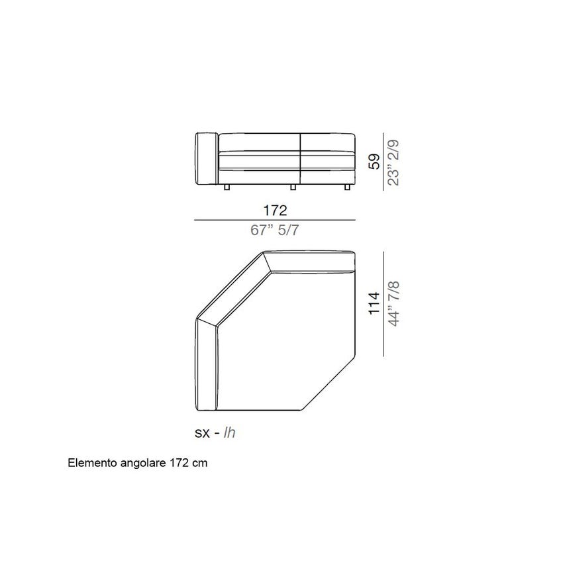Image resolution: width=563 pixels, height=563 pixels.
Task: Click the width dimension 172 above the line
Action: click(x=274, y=211)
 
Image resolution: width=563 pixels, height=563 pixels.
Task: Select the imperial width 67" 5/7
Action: click(x=274, y=230)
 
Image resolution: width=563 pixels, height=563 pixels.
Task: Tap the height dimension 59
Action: click(x=375, y=161)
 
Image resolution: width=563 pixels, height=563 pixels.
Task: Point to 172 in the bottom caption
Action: click(x=173, y=464)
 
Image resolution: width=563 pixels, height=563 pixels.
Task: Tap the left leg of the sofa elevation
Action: click(x=227, y=188)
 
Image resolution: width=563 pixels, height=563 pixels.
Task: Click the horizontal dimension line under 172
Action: click(x=274, y=220)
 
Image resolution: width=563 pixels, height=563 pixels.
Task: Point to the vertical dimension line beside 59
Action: click(x=384, y=161)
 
